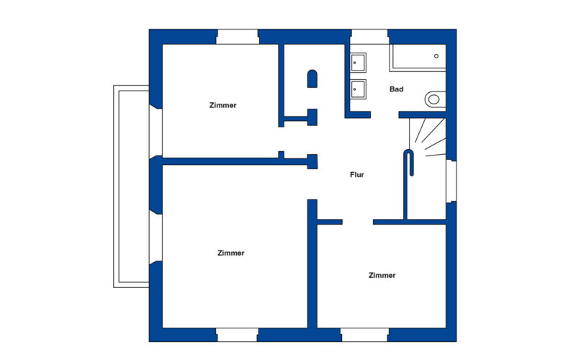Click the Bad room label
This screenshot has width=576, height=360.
point(397,89)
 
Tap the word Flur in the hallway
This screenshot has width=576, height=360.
point(357,174)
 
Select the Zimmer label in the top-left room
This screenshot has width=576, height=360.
point(223,105)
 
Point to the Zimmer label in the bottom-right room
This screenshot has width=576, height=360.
point(382,275)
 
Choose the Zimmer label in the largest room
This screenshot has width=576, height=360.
point(230,253)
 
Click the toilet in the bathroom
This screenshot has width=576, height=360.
point(436,99)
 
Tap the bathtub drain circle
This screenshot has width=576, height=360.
point(436,56)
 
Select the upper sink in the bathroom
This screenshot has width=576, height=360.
point(358,63)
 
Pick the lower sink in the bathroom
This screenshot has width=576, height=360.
point(358,89)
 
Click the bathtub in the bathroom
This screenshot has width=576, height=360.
point(418,58)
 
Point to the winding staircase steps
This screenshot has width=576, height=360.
point(428,137)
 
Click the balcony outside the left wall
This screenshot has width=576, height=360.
point(131,186)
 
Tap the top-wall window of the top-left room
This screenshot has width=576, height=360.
point(238,37)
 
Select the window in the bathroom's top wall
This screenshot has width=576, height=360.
point(369,37)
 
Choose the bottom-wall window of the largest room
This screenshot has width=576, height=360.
point(238,335)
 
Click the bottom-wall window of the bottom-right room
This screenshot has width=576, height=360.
point(364,335)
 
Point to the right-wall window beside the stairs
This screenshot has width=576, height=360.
point(451,181)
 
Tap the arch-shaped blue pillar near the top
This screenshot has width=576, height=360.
point(312,78)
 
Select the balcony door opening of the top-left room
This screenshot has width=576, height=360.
point(156,132)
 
